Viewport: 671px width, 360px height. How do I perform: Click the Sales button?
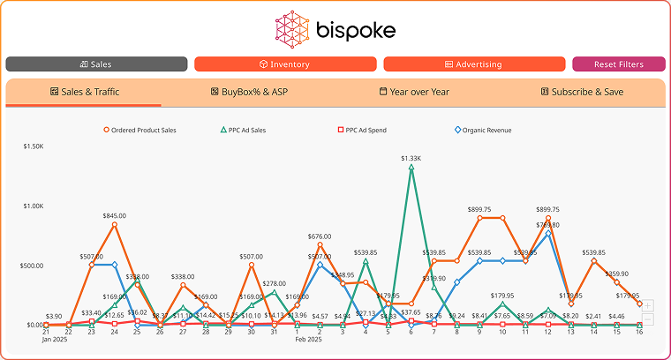click(x=96, y=64)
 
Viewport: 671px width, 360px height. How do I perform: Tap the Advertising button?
click(x=474, y=64)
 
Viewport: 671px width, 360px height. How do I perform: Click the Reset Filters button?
click(x=618, y=64)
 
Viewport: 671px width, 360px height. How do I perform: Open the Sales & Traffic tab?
click(x=85, y=92)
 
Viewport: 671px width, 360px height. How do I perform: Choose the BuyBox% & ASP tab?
click(x=250, y=92)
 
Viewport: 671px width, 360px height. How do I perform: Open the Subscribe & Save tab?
click(x=582, y=92)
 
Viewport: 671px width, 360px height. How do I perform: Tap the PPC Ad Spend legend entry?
click(x=361, y=130)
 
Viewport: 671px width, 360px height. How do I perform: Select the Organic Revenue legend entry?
click(x=483, y=130)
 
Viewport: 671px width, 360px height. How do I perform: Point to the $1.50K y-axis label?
click(x=34, y=146)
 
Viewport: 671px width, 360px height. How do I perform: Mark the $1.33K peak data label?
click(x=411, y=158)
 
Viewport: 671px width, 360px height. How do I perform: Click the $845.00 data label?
click(x=114, y=215)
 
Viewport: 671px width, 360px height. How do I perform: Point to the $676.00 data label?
click(x=320, y=236)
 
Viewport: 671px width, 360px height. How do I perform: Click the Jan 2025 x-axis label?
click(x=54, y=339)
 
